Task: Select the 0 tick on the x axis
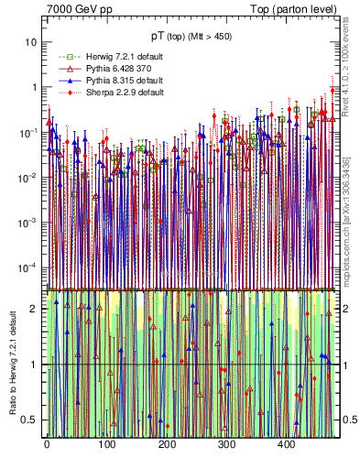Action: (x=47, y=444)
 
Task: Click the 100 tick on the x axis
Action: (x=107, y=444)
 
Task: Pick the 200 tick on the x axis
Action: (x=167, y=444)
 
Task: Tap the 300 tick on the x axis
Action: (x=227, y=444)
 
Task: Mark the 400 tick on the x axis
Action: (x=287, y=444)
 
